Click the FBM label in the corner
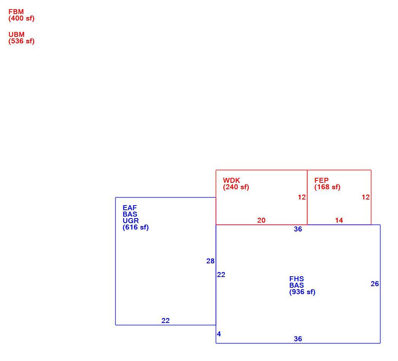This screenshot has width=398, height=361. pyautogui.click(x=16, y=12)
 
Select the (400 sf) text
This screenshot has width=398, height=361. pyautogui.click(x=21, y=19)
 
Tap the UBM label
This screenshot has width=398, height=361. pyautogui.click(x=16, y=35)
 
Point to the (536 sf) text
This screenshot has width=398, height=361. pyautogui.click(x=21, y=41)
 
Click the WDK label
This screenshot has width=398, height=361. pyautogui.click(x=231, y=180)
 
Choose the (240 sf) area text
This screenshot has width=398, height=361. pyautogui.click(x=236, y=187)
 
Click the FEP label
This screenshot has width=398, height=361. pyautogui.click(x=322, y=180)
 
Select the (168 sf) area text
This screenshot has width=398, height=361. pyautogui.click(x=328, y=187)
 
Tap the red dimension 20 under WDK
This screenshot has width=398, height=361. pyautogui.click(x=261, y=220)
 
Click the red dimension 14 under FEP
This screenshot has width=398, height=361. pyautogui.click(x=339, y=220)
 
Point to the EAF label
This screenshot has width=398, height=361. pyautogui.click(x=130, y=208)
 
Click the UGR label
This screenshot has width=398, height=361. pyautogui.click(x=131, y=221)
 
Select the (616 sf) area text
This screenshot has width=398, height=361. pyautogui.click(x=135, y=227)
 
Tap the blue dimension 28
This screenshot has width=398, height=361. pyautogui.click(x=210, y=261)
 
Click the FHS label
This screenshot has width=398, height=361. pyautogui.click(x=296, y=279)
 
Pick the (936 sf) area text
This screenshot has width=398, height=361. pyautogui.click(x=302, y=292)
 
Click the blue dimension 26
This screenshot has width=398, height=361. pyautogui.click(x=375, y=284)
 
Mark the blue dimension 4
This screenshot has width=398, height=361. pyautogui.click(x=219, y=334)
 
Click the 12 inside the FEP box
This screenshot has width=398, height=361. pyautogui.click(x=366, y=197)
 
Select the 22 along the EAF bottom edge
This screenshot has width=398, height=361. pyautogui.click(x=166, y=321)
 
